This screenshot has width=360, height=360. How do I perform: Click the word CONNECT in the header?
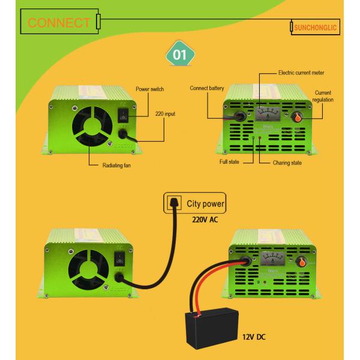[59, 23]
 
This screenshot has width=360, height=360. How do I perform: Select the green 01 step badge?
[179, 55]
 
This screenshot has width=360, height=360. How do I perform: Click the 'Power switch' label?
[149, 89]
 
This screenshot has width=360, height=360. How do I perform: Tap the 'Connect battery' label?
[207, 88]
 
